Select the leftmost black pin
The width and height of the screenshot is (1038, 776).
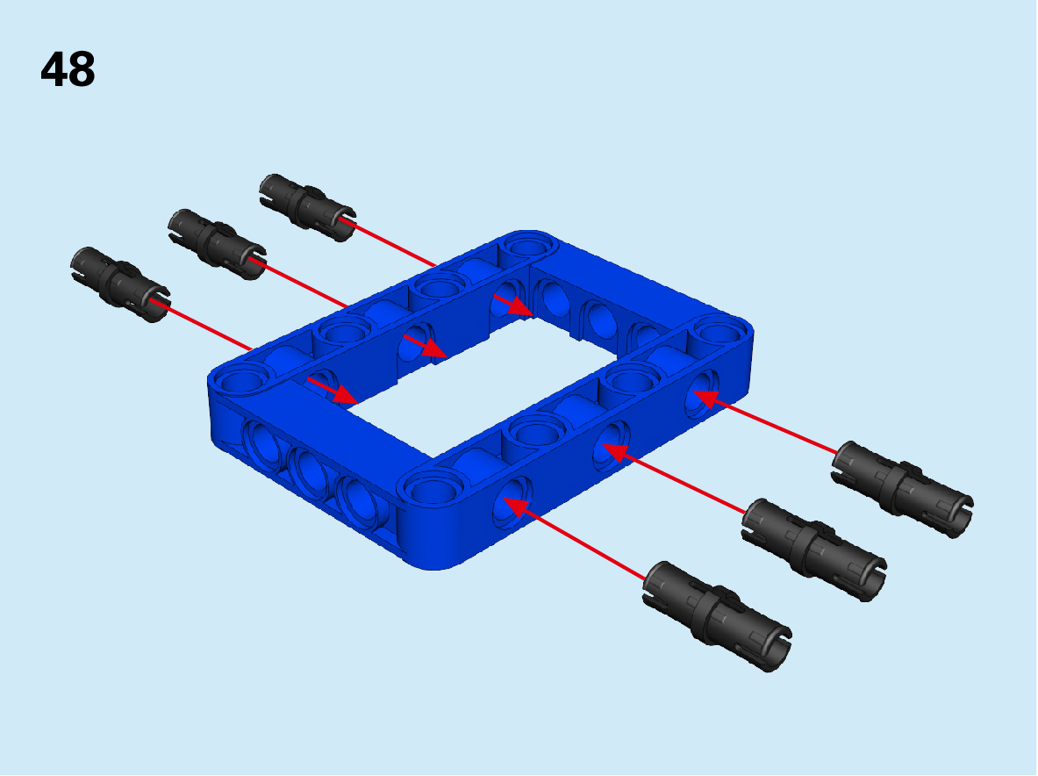pyautogui.click(x=120, y=284)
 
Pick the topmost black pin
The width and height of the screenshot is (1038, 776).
pyautogui.click(x=307, y=207)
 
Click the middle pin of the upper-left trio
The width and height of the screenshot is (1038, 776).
pyautogui.click(x=217, y=244)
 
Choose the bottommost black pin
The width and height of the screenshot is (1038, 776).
pyautogui.click(x=717, y=615)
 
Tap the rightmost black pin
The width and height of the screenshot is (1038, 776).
pyautogui.click(x=902, y=489)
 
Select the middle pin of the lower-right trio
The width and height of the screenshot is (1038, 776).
pyautogui.click(x=813, y=549)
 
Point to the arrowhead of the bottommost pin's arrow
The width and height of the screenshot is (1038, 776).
pyautogui.click(x=519, y=507)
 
